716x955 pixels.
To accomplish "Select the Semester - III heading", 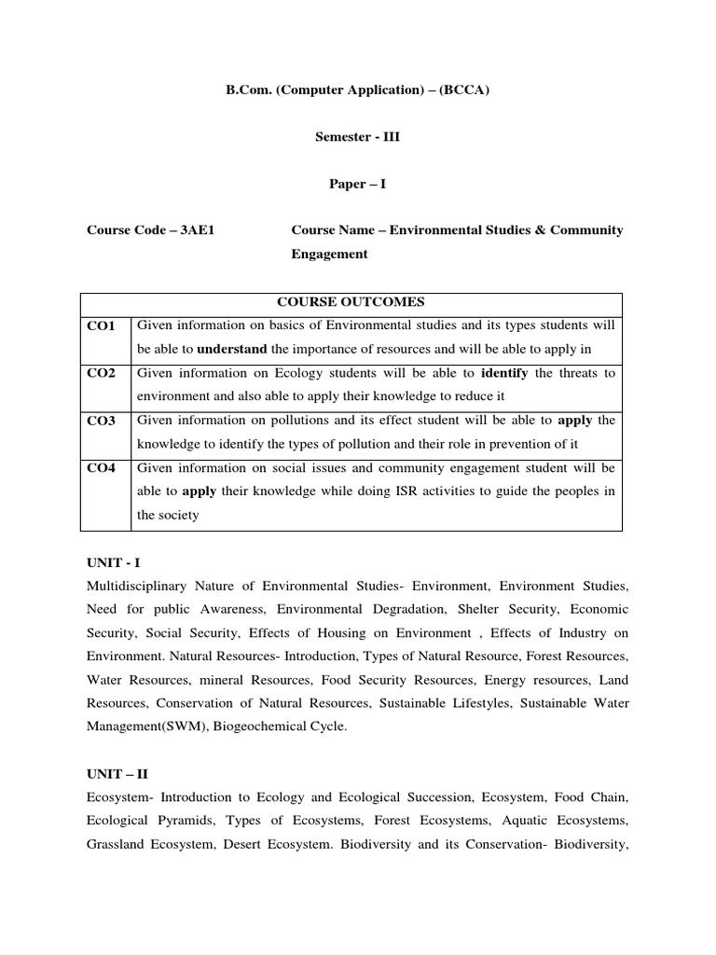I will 358,137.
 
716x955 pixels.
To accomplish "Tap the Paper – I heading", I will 357,184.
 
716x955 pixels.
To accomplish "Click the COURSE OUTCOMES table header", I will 351,302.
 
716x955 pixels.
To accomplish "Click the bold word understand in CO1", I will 232,350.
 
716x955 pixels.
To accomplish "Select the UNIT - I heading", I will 113,562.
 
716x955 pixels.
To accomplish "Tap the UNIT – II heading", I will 117,774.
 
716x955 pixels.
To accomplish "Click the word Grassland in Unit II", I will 118,845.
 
